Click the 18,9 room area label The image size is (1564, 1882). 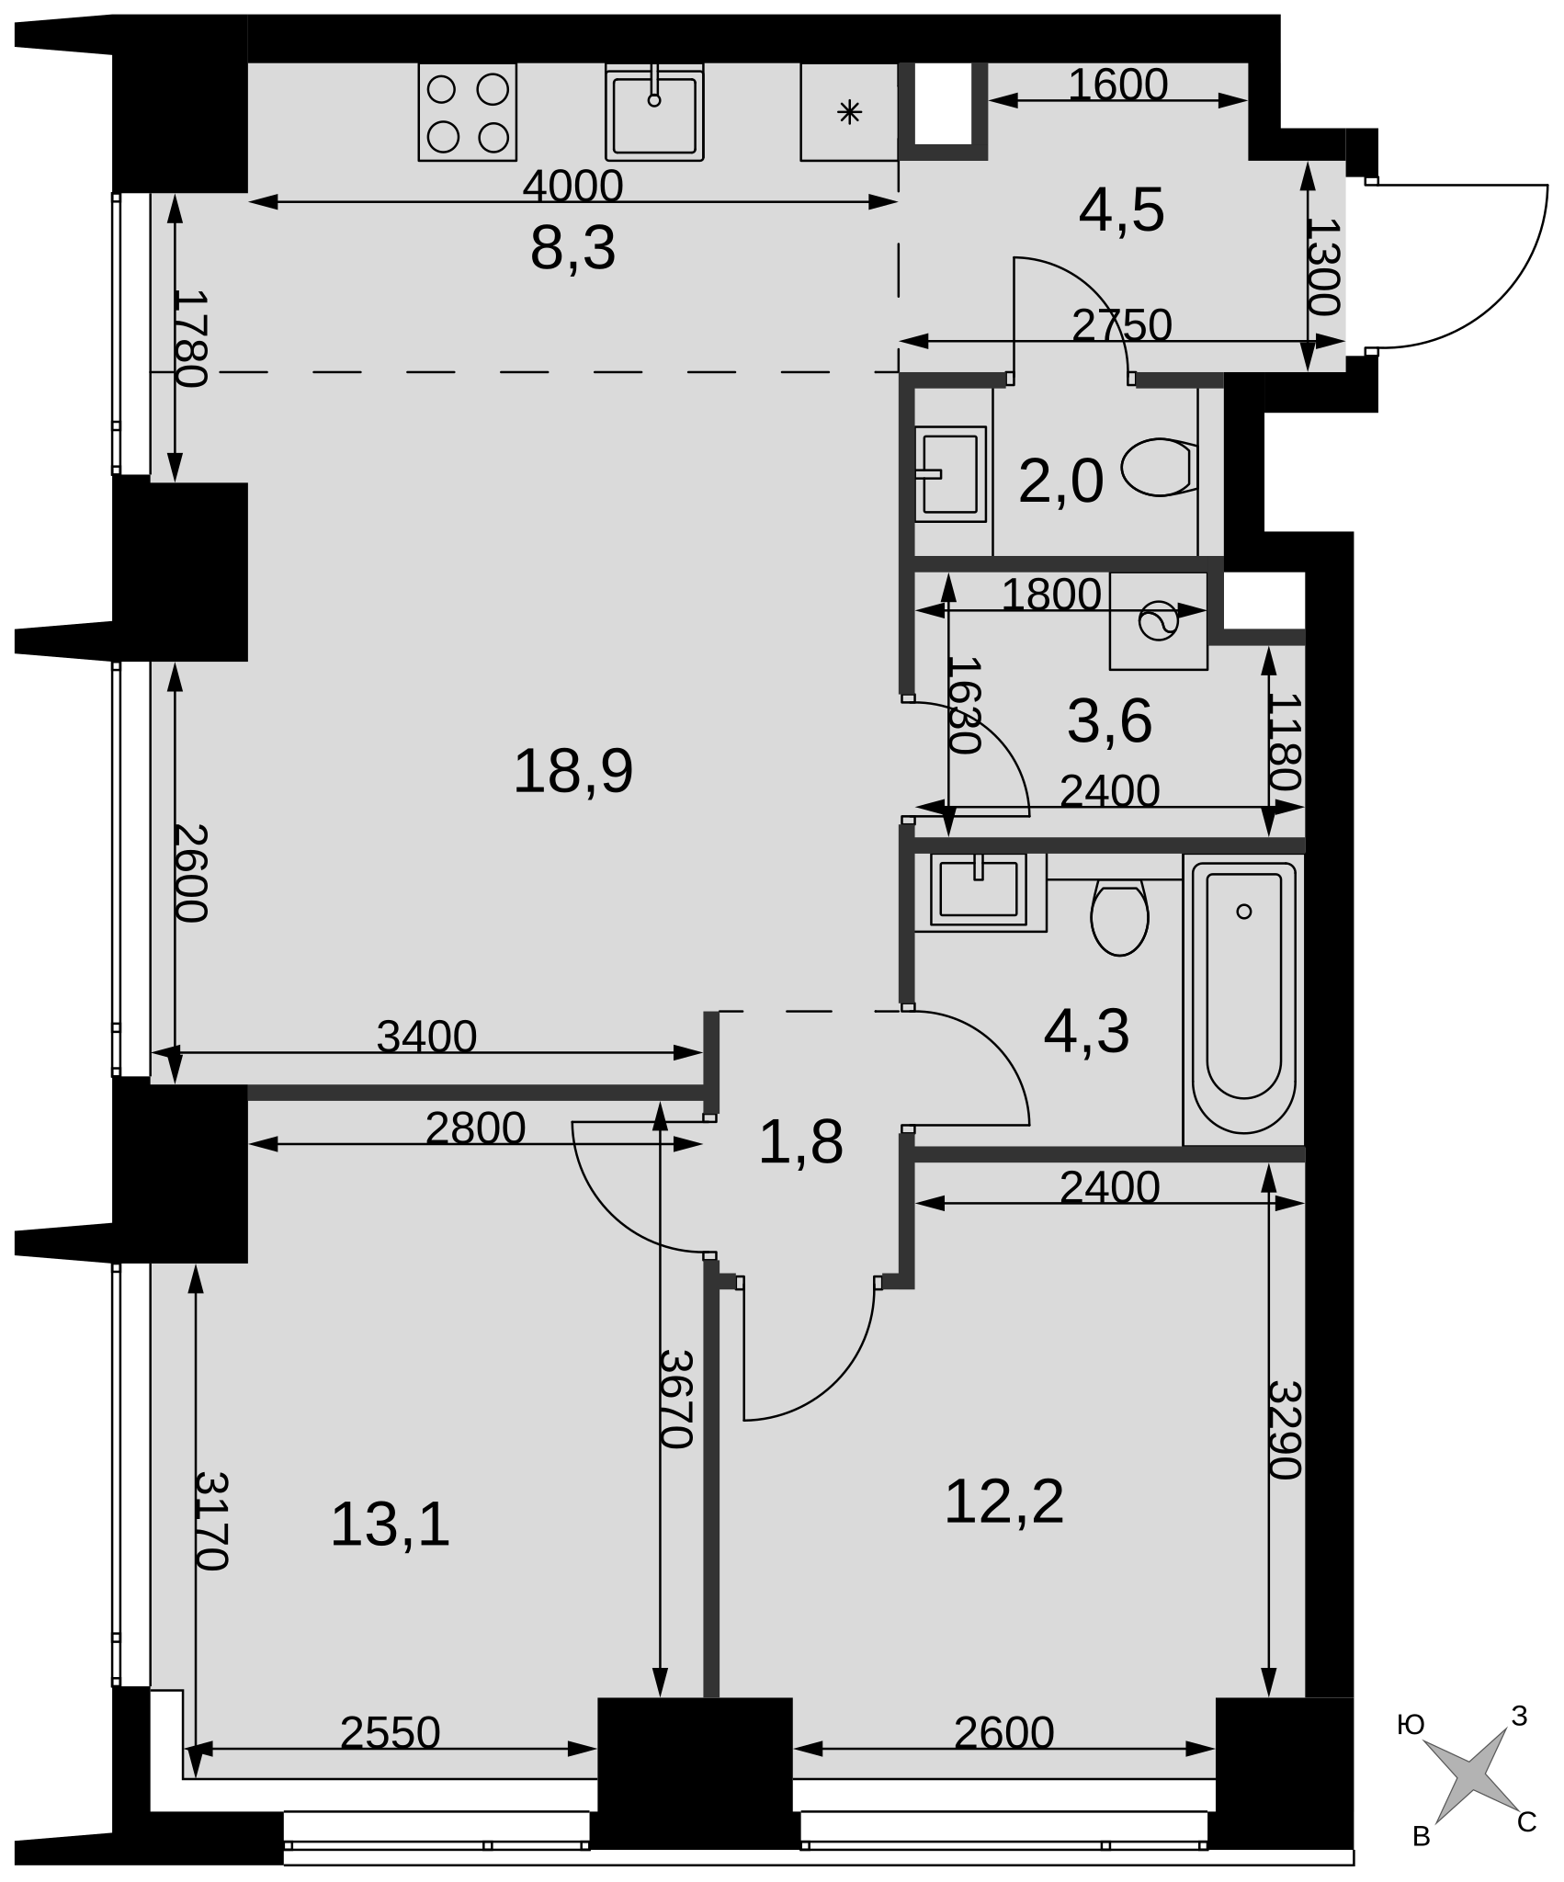pyautogui.click(x=572, y=771)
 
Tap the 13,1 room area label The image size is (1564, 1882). pyautogui.click(x=390, y=1525)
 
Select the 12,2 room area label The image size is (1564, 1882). pyautogui.click(x=1003, y=1502)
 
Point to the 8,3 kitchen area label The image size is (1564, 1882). pyautogui.click(x=572, y=248)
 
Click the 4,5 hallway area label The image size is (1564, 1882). pyautogui.click(x=1121, y=210)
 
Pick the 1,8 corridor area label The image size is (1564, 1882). pyautogui.click(x=800, y=1143)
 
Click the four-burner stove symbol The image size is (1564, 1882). pyautogui.click(x=468, y=112)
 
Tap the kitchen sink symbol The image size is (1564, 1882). pyautogui.click(x=654, y=112)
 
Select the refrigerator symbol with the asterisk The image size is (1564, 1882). pyautogui.click(x=850, y=112)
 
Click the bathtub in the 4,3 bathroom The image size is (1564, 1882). pyautogui.click(x=1243, y=1000)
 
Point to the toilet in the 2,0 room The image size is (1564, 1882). pyautogui.click(x=1160, y=467)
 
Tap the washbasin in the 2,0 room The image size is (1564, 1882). pyautogui.click(x=950, y=474)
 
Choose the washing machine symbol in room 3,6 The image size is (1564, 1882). pyautogui.click(x=1158, y=621)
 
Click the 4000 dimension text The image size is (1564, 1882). pyautogui.click(x=573, y=187)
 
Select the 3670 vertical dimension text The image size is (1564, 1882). pyautogui.click(x=675, y=1399)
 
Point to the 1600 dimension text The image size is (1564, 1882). pyautogui.click(x=1117, y=85)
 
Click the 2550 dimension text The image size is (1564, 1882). pyautogui.click(x=391, y=1733)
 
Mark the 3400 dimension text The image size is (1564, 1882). pyautogui.click(x=427, y=1037)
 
